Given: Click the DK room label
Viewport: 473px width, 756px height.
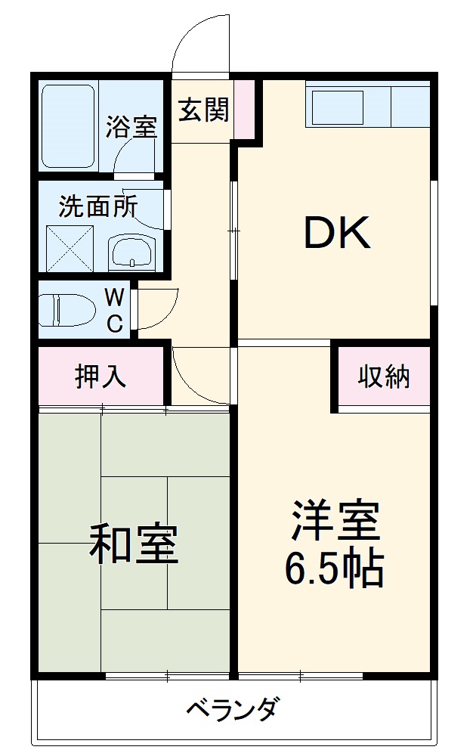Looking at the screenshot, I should pos(337,233).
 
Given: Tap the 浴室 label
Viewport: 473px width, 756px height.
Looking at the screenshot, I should pos(131,126).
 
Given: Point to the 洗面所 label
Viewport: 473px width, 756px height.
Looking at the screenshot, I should pos(98,206).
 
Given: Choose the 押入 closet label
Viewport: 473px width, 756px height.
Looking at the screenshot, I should pos(100,376).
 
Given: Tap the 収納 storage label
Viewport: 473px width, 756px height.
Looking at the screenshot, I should pos(384,376).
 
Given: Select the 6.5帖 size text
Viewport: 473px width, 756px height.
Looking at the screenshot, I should pos(334,570).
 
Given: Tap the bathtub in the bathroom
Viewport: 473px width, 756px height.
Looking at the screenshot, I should pos(68,125).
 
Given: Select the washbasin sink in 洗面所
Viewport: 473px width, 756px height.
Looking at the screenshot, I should pos(131,251).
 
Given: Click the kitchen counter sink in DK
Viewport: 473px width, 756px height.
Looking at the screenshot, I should pos(340,106).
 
